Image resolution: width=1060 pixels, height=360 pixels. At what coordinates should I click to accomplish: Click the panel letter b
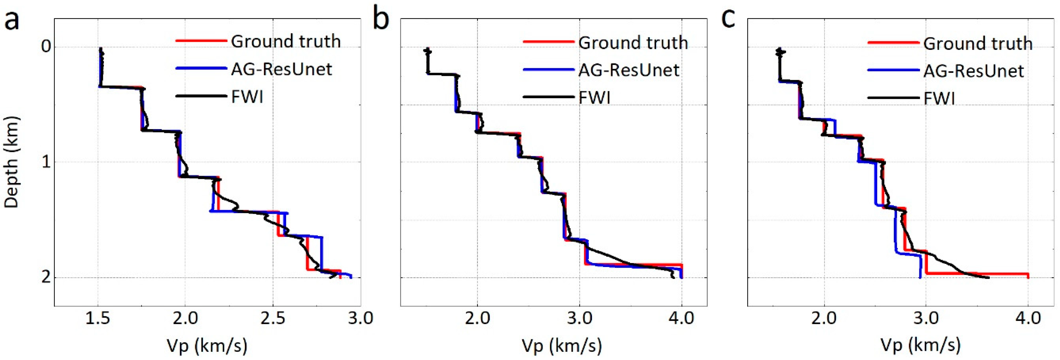(381, 20)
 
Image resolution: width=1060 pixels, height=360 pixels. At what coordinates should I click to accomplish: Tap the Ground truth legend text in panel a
(285, 42)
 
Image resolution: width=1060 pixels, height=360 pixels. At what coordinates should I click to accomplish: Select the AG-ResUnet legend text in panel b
(628, 70)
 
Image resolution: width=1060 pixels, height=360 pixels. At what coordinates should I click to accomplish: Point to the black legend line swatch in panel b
(549, 98)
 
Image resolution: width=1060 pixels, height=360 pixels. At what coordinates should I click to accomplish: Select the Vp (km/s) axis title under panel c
(921, 345)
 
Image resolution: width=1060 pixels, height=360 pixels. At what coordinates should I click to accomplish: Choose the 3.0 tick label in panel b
(579, 318)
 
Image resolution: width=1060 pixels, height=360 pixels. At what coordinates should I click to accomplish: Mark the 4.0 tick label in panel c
(1028, 318)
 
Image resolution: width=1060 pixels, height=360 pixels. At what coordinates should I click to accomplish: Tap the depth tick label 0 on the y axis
(46, 46)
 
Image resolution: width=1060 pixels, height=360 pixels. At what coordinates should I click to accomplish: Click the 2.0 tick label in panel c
(824, 318)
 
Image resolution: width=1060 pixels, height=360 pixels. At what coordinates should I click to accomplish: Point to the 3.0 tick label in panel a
(360, 318)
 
